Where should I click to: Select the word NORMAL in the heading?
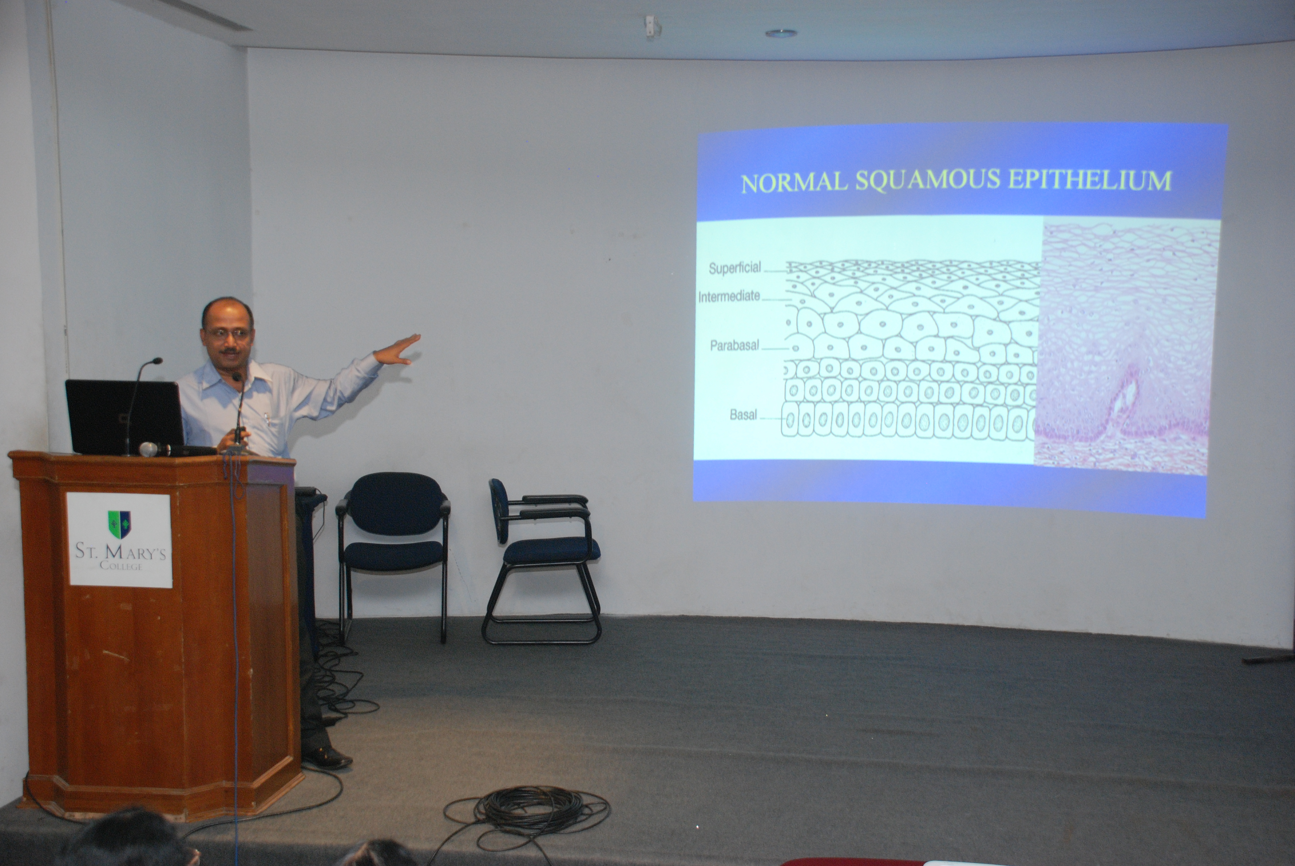click(x=794, y=183)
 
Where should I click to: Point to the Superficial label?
click(x=734, y=268)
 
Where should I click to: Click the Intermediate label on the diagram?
click(x=729, y=297)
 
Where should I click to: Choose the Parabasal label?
click(x=734, y=346)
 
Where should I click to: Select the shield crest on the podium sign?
click(x=119, y=525)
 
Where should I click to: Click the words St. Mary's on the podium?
click(x=120, y=551)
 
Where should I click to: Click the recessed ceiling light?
click(x=781, y=33)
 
